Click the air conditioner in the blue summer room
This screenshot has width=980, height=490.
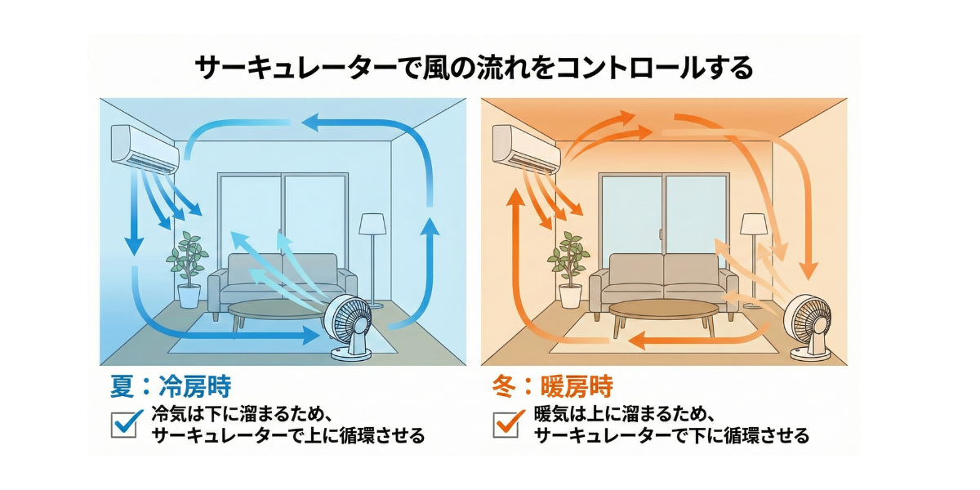[x=145, y=148]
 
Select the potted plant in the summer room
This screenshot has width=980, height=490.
[x=188, y=269]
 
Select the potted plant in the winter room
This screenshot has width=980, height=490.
[x=569, y=269]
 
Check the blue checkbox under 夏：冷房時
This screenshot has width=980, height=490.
[x=124, y=424]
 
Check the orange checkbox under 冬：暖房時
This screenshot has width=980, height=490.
[x=507, y=424]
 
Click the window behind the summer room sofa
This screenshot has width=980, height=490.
[x=282, y=212]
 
